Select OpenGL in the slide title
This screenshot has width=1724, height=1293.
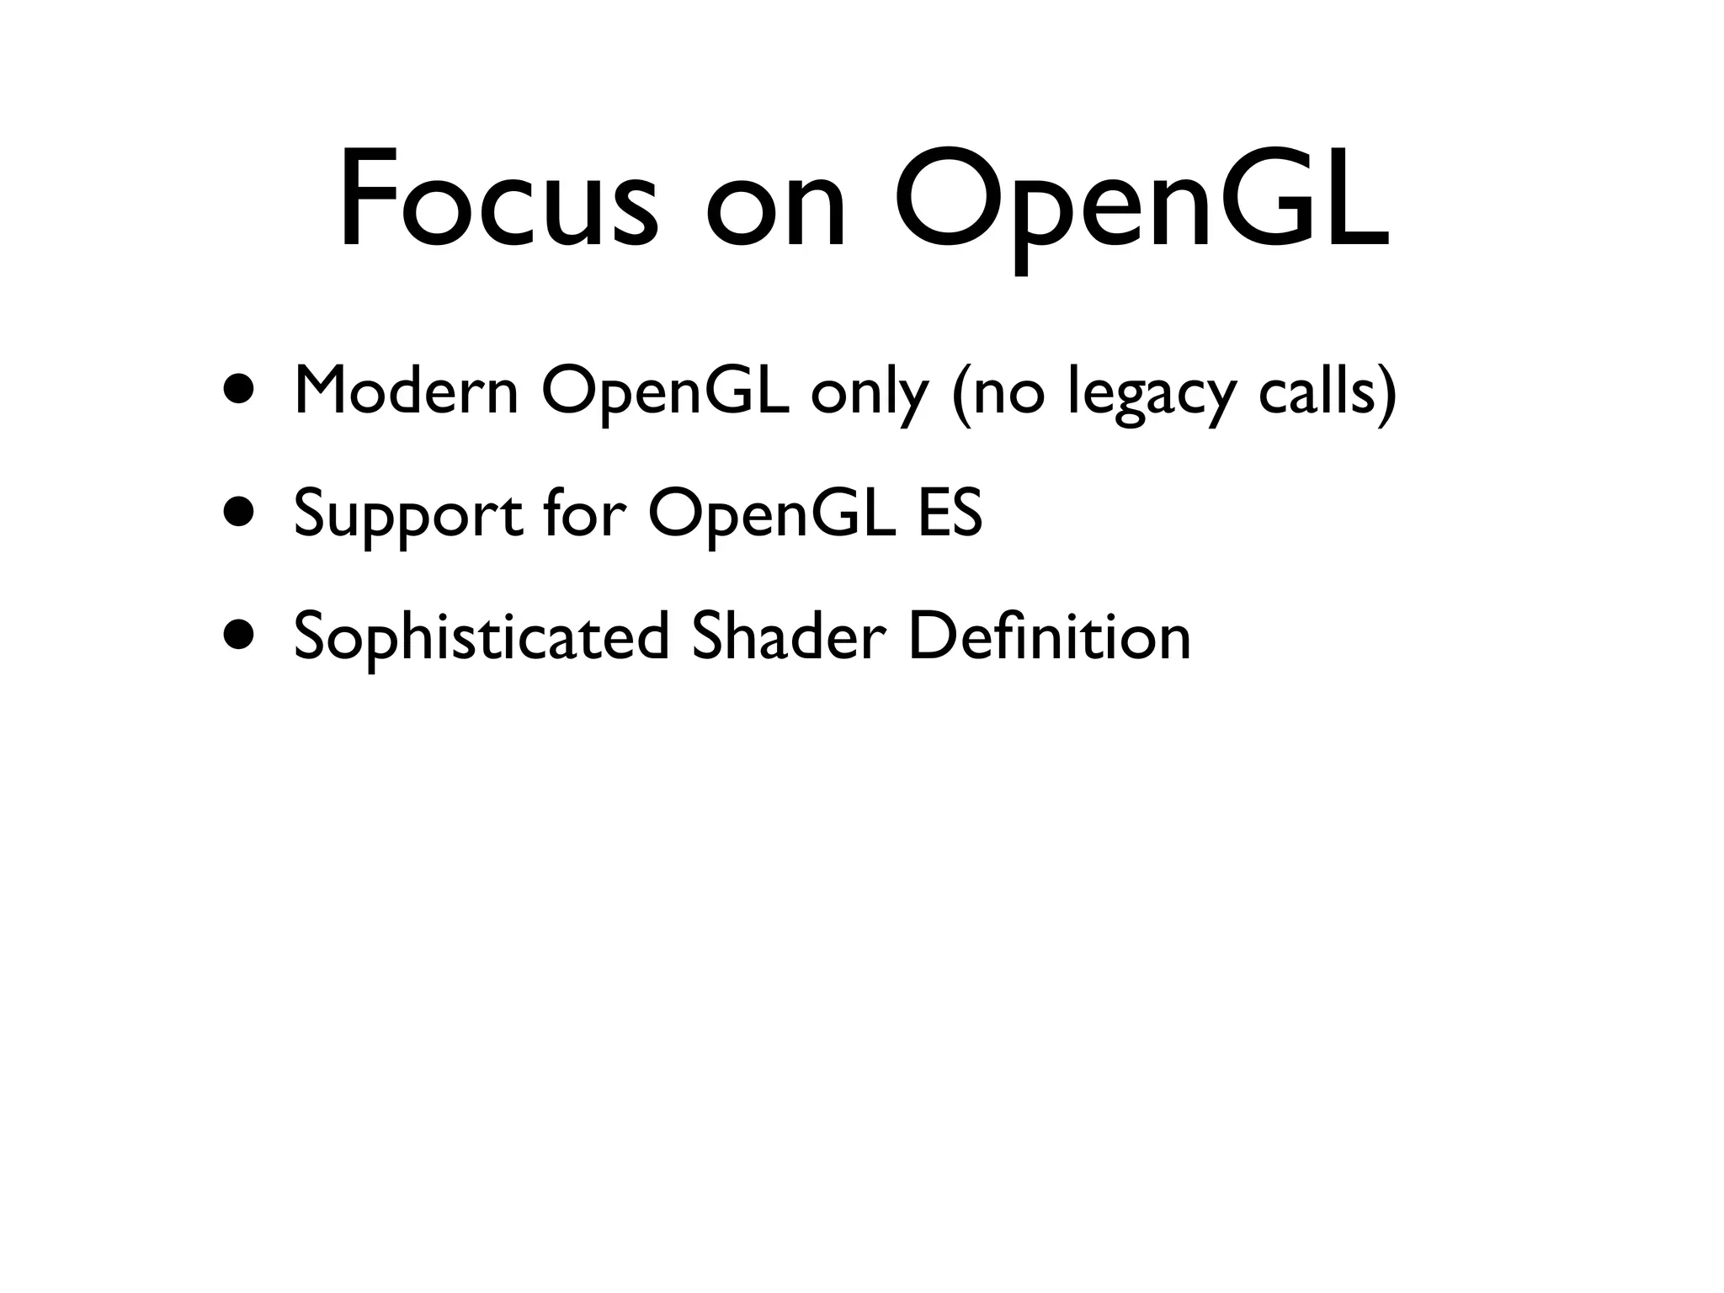[x=1140, y=202]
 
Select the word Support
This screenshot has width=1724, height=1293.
[x=407, y=515]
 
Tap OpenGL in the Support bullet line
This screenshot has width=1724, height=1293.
[x=771, y=515]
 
